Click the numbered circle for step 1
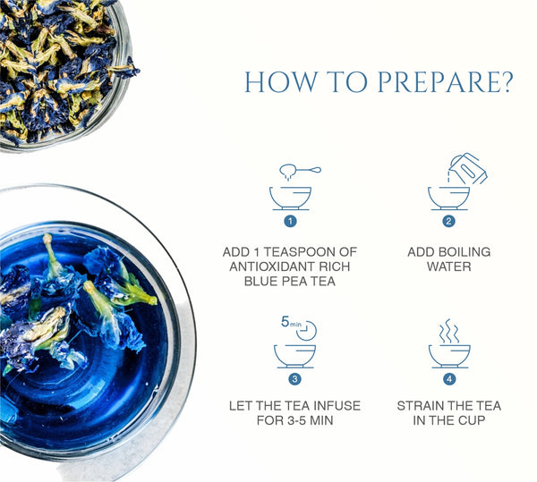[x=290, y=221]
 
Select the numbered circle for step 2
[x=448, y=221]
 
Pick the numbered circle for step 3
[x=294, y=379]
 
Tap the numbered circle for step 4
[x=449, y=379]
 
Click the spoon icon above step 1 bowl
[x=300, y=170]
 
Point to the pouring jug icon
[x=468, y=168]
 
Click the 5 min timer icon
[x=299, y=328]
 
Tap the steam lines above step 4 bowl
[x=449, y=331]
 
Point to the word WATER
[x=449, y=266]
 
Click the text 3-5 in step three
[x=297, y=420]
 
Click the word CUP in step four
[x=472, y=420]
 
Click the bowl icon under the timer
[x=294, y=356]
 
